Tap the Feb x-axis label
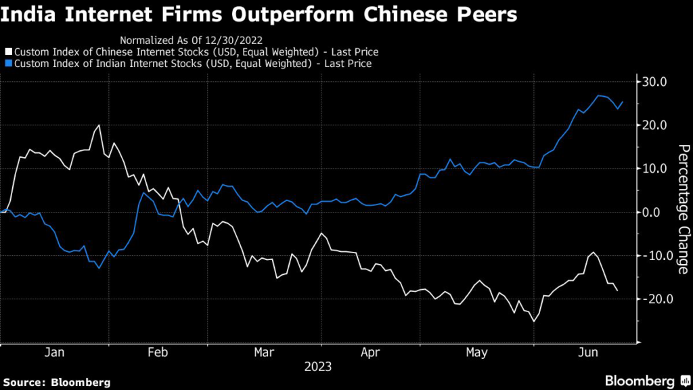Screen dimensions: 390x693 [x=157, y=353]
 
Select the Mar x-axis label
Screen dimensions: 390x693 [x=263, y=353]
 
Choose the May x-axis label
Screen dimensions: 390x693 [x=477, y=353]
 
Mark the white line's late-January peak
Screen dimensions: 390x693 [x=99, y=125]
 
